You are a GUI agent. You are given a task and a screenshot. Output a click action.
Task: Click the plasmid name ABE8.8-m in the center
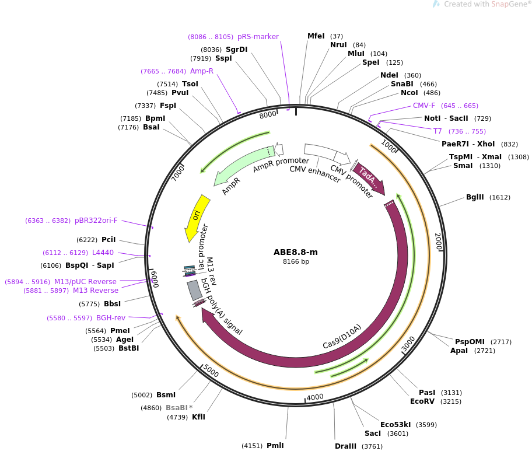(x=296, y=252)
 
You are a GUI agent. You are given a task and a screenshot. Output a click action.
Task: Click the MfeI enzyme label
(x=316, y=36)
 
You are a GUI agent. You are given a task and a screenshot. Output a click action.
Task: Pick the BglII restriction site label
(x=475, y=197)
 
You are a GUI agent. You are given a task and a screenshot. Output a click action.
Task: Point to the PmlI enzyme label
(x=275, y=446)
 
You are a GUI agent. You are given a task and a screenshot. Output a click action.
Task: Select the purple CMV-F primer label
(x=424, y=106)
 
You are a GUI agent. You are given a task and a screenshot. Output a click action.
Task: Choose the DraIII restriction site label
(x=346, y=446)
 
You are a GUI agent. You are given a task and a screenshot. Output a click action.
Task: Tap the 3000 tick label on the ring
(x=408, y=344)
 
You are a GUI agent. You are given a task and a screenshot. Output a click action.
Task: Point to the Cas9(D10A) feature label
(x=342, y=337)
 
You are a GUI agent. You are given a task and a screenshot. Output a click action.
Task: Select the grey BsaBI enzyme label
(x=176, y=408)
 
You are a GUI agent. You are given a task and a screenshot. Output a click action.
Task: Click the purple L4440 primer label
(x=103, y=253)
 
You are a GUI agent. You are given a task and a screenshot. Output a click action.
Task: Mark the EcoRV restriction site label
(x=423, y=401)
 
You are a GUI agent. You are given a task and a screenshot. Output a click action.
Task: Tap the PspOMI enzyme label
(x=470, y=341)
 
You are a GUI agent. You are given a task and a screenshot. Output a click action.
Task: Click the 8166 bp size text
(x=296, y=262)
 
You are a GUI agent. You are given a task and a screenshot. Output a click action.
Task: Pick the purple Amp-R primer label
(x=202, y=71)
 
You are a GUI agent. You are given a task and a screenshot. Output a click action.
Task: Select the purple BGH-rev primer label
(x=111, y=318)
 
